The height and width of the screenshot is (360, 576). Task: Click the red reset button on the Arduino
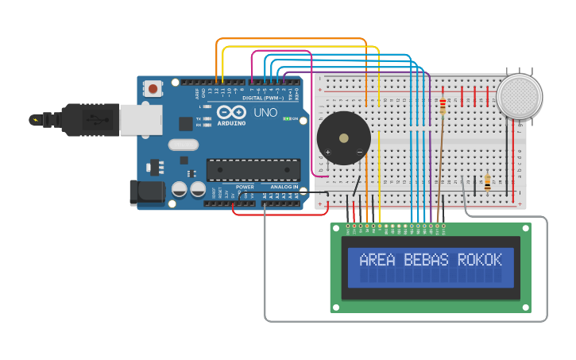(x=153, y=89)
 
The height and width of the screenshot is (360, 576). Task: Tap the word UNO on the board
(x=265, y=113)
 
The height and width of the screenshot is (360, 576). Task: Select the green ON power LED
(x=287, y=118)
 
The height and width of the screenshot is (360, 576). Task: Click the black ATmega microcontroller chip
(x=253, y=170)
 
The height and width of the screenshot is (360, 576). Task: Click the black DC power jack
(x=146, y=192)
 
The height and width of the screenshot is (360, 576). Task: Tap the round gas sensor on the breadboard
(x=519, y=97)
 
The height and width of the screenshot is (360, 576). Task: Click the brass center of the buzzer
(x=343, y=138)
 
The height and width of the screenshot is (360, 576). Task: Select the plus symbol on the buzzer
(x=327, y=152)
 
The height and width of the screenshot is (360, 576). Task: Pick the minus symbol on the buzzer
(x=359, y=152)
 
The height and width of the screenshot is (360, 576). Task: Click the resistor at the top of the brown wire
(x=443, y=106)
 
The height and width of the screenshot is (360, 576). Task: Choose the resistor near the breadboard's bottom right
(x=487, y=184)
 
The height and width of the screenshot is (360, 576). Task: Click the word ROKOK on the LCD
(x=480, y=260)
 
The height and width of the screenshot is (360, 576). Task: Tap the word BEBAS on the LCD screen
(x=426, y=260)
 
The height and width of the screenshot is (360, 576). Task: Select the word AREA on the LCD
(x=377, y=260)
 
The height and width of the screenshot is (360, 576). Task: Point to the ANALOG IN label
(x=284, y=188)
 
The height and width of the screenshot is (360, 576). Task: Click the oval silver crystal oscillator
(x=183, y=145)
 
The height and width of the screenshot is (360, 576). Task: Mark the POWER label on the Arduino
(x=245, y=188)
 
